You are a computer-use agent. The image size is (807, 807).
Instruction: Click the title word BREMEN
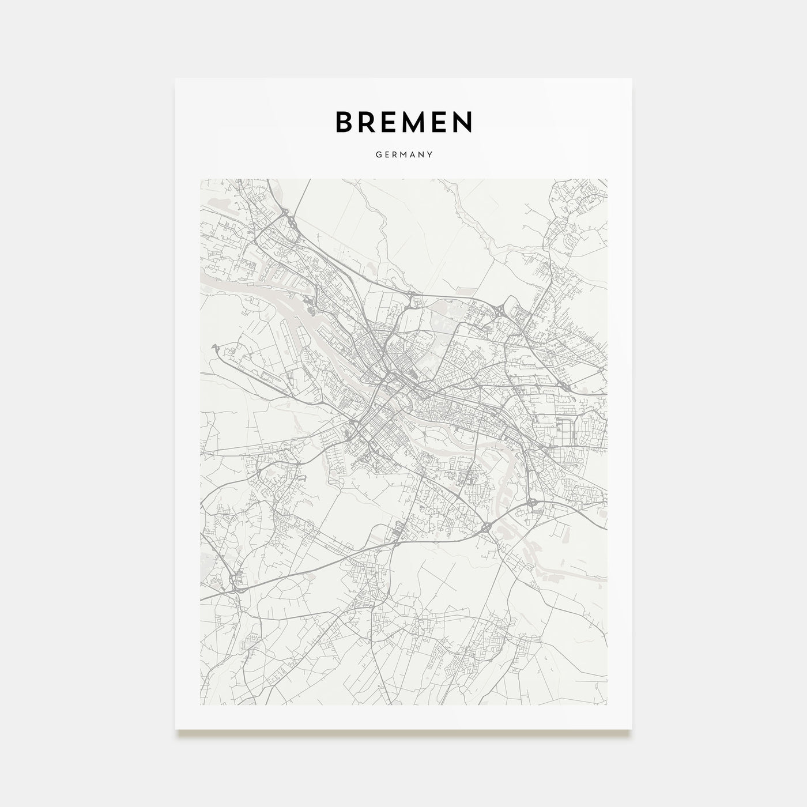[403, 121]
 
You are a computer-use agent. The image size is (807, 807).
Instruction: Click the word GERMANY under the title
[403, 155]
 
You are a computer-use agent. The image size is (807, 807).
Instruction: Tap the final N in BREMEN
[463, 121]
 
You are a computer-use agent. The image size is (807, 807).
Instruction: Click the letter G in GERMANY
[377, 155]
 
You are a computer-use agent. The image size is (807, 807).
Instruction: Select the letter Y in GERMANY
[431, 155]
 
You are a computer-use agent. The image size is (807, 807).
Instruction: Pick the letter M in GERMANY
[402, 155]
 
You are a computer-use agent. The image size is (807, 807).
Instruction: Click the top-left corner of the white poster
[176, 78]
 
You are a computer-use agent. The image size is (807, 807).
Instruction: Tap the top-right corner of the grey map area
[607, 179]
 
